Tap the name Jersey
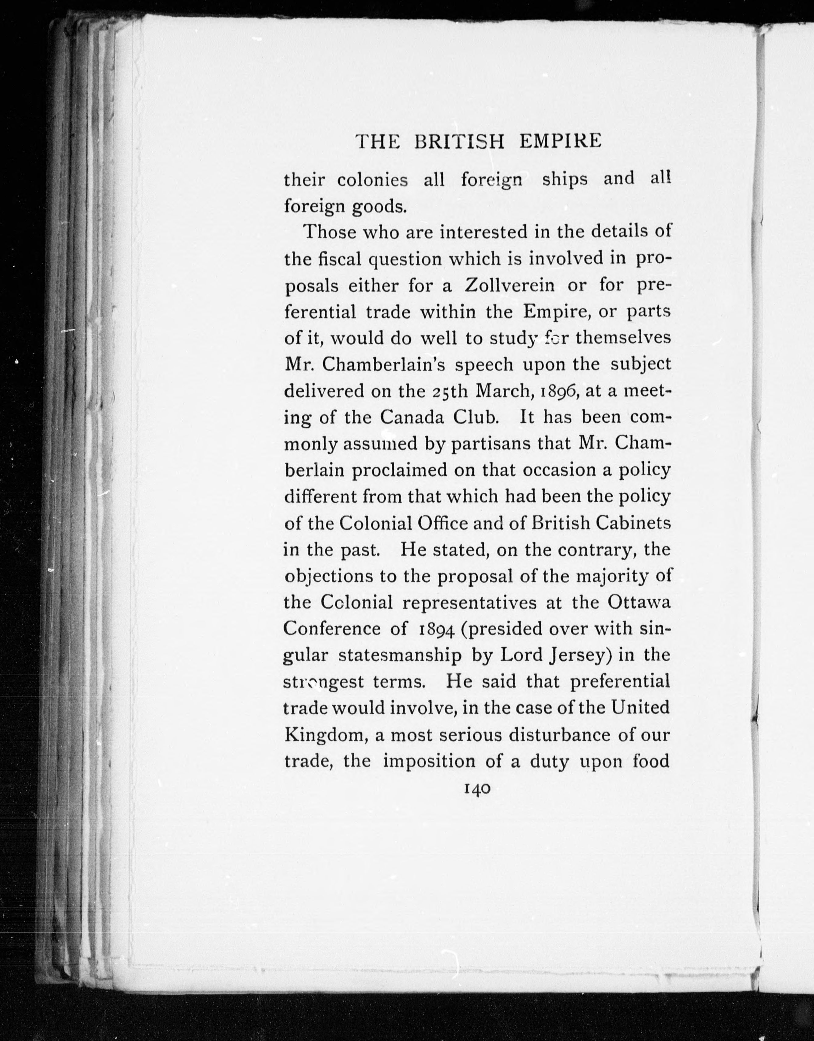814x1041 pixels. (x=580, y=656)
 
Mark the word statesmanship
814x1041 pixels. (x=399, y=656)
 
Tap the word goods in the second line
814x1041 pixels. (x=379, y=207)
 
